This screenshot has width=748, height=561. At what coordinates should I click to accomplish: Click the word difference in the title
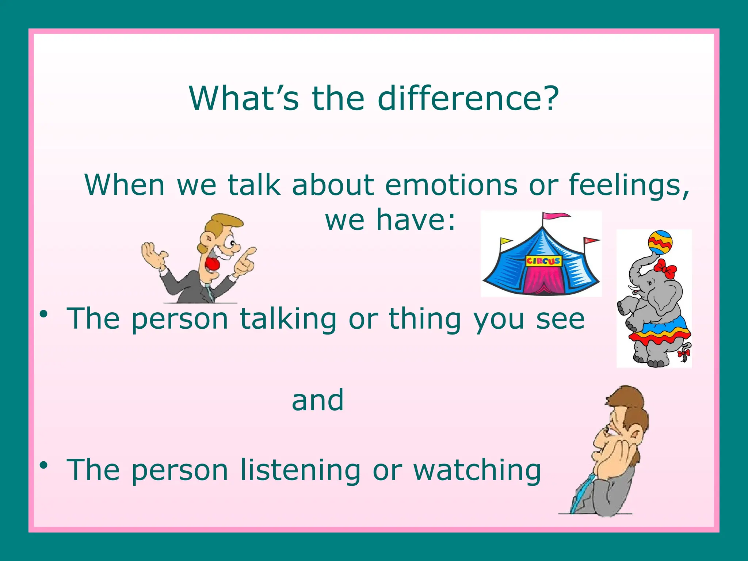[468, 99]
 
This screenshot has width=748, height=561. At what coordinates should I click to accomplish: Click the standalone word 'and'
[318, 400]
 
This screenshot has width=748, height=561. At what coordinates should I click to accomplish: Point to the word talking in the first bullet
[288, 319]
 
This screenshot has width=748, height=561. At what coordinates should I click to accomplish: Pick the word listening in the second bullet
[300, 470]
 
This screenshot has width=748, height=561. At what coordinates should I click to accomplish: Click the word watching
[477, 470]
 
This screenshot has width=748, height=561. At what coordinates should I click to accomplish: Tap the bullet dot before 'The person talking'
[44, 314]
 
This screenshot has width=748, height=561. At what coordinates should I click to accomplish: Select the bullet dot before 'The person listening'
[44, 465]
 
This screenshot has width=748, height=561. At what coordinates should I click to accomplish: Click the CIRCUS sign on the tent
[543, 261]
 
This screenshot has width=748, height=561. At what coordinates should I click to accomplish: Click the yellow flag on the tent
[505, 241]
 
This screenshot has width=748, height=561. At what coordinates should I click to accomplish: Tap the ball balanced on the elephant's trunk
[660, 242]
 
